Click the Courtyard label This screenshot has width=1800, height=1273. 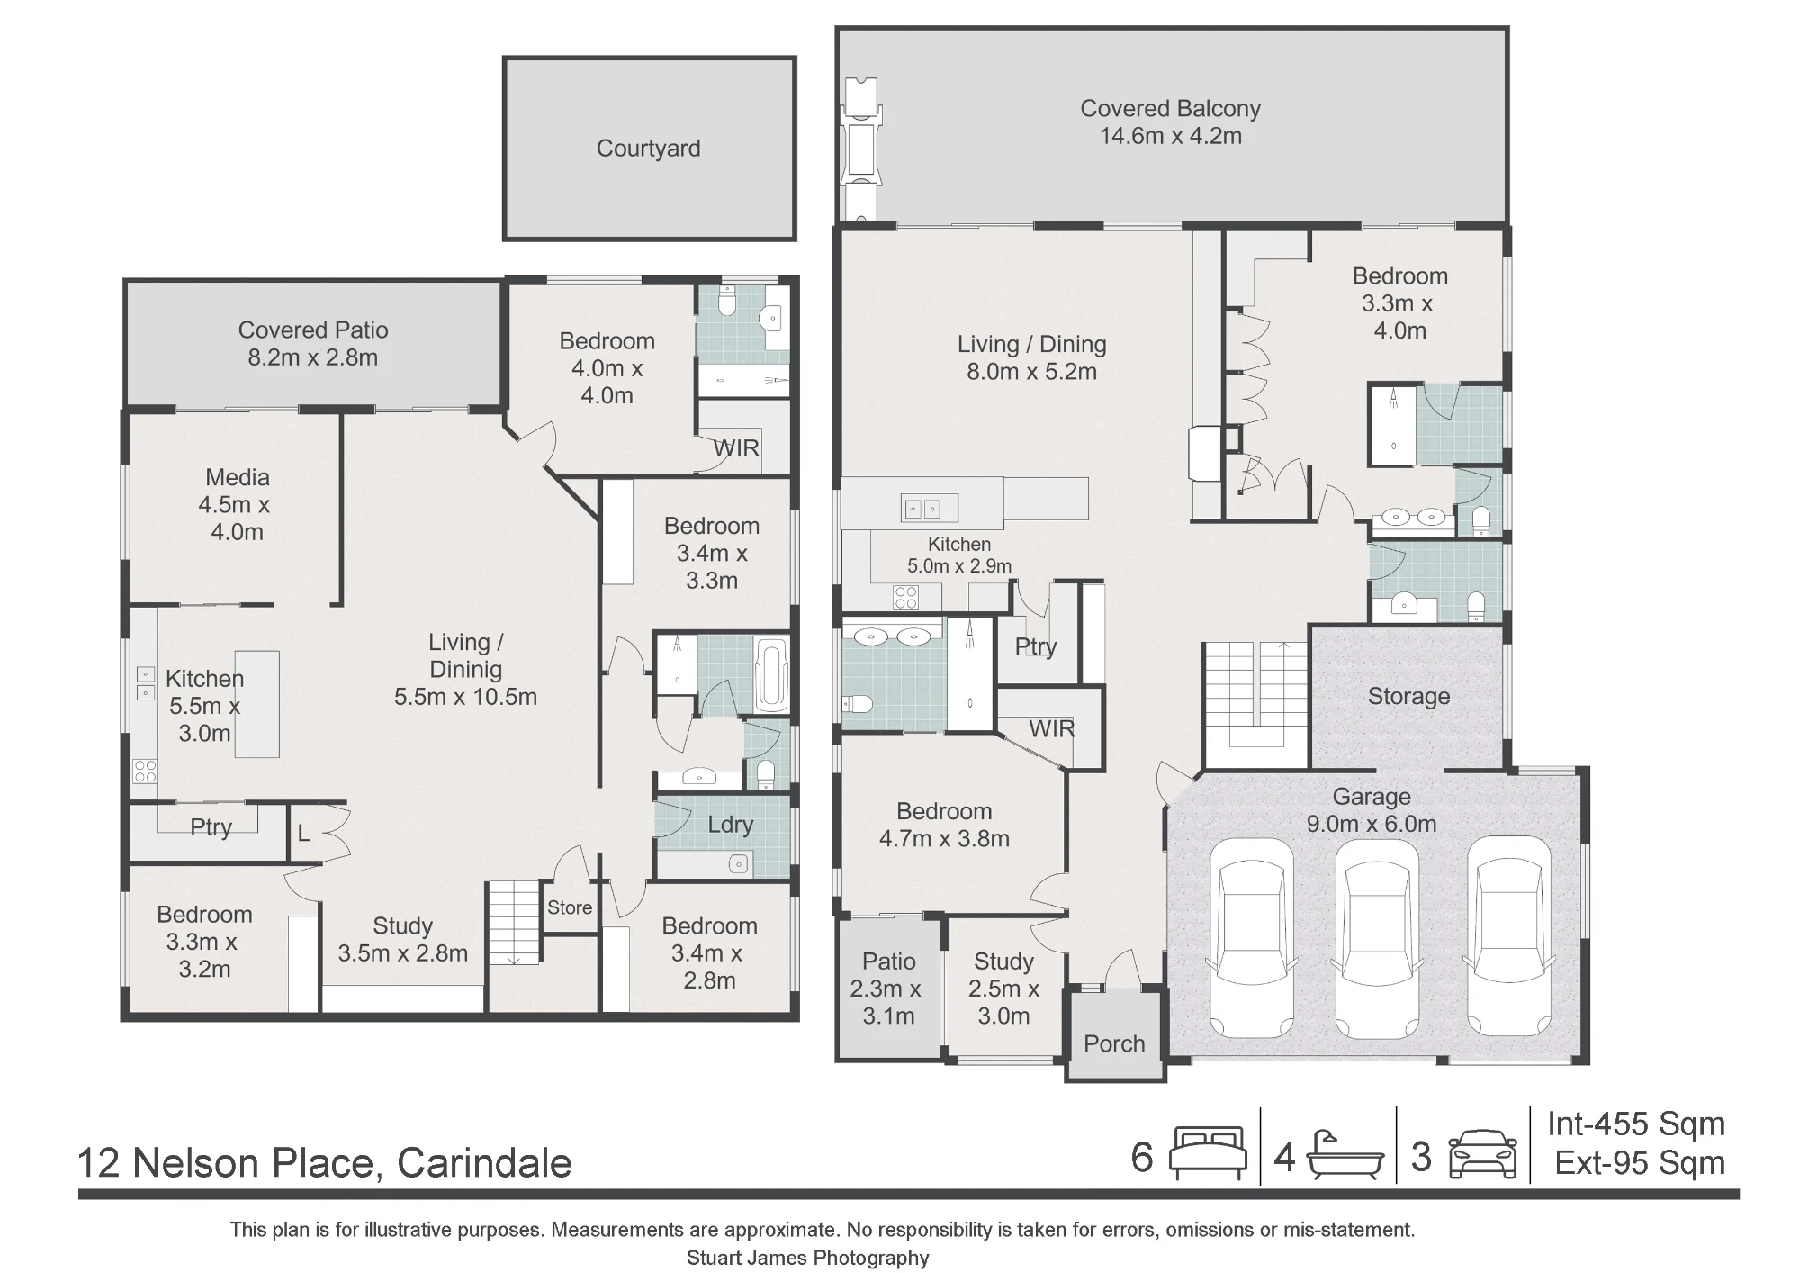coord(648,149)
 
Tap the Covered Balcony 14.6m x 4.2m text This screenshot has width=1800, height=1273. coord(1170,122)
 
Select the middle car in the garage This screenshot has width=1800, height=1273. coord(1377,938)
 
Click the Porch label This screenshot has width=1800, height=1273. coord(1114,1043)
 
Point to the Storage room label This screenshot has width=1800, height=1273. coord(1408,696)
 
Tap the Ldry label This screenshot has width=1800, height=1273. coord(730,825)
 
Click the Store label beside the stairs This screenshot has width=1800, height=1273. coord(570,907)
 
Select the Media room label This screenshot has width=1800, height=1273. coord(238,504)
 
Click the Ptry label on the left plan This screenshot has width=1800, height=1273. coord(211,826)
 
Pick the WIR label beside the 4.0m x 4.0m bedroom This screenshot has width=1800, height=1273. coord(736,447)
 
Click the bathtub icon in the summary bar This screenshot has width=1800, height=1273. coord(1345,1155)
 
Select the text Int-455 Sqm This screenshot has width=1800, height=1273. coord(1636,1124)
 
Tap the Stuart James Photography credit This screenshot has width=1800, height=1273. coord(808,1258)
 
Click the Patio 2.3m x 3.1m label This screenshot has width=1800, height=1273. coord(888,989)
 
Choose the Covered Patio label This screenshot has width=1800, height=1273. coord(313,343)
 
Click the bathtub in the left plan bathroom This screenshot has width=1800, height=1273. coord(771,673)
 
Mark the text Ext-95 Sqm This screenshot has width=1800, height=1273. coord(1640,1163)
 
